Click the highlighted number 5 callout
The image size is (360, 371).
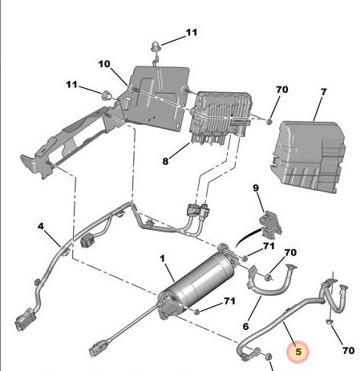tap(297, 352)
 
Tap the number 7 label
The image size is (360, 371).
tap(323, 92)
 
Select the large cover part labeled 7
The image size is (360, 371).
tap(308, 156)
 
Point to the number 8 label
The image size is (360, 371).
tap(165, 161)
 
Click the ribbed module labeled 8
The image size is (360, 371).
tap(220, 117)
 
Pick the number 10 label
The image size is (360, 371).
tap(104, 64)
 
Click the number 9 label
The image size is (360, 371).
tap(256, 188)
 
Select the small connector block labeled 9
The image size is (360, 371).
tap(270, 224)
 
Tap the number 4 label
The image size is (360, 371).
tap(40, 227)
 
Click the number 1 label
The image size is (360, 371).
tap(163, 259)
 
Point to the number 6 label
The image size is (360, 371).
tap(245, 326)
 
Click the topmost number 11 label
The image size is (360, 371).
tap(192, 33)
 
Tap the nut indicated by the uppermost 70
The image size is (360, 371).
tap(269, 122)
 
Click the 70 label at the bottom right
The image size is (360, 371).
tap(349, 350)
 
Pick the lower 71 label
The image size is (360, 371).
tap(230, 301)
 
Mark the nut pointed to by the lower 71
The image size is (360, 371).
tap(196, 312)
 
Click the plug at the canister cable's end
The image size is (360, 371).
tap(96, 349)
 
